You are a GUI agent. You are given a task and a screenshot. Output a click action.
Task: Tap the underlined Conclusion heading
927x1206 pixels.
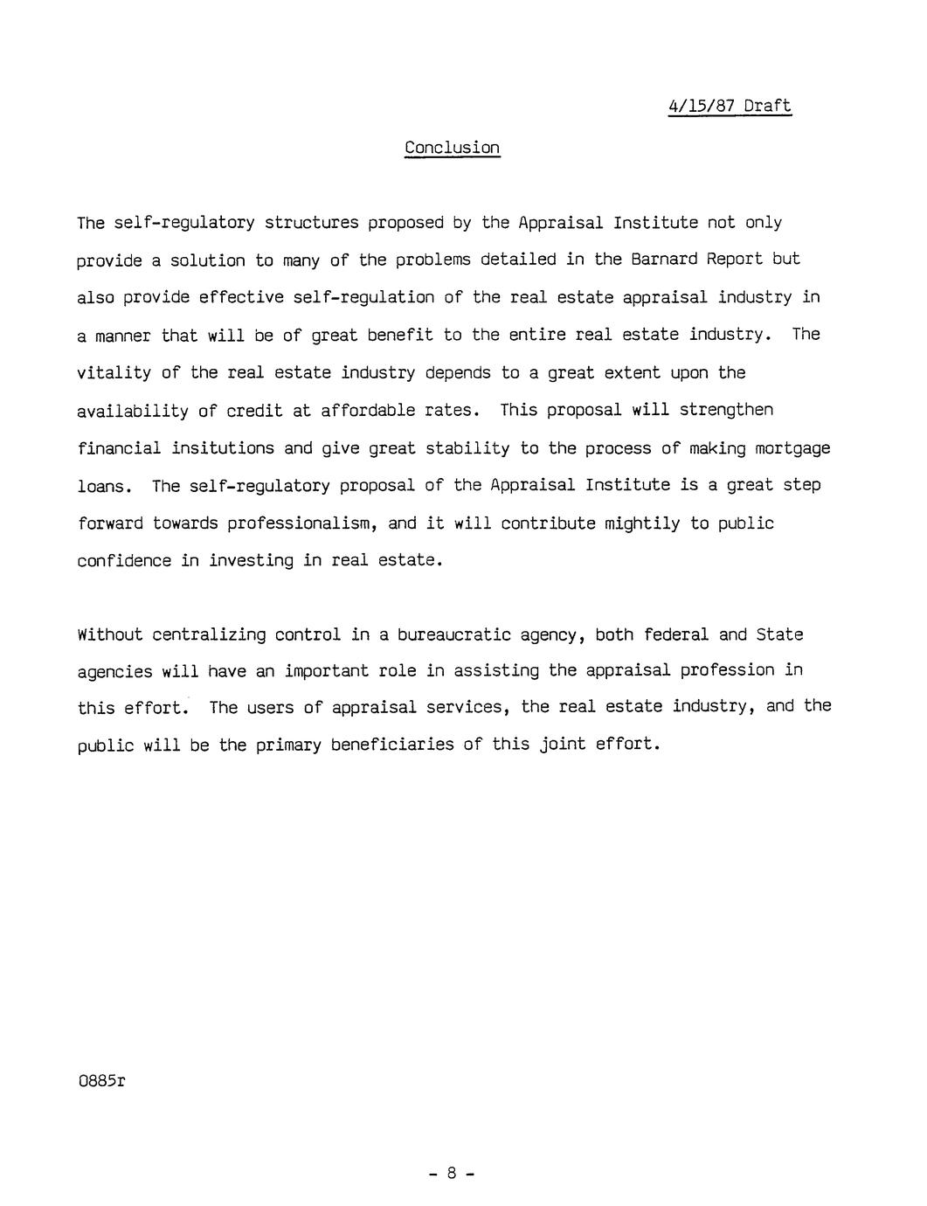tap(452, 148)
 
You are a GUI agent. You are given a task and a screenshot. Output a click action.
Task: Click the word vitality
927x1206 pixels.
tap(114, 373)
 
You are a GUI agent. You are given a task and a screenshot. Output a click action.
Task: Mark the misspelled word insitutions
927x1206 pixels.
tap(223, 448)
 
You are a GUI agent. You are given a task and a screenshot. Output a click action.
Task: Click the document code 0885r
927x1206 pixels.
tap(101, 1081)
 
